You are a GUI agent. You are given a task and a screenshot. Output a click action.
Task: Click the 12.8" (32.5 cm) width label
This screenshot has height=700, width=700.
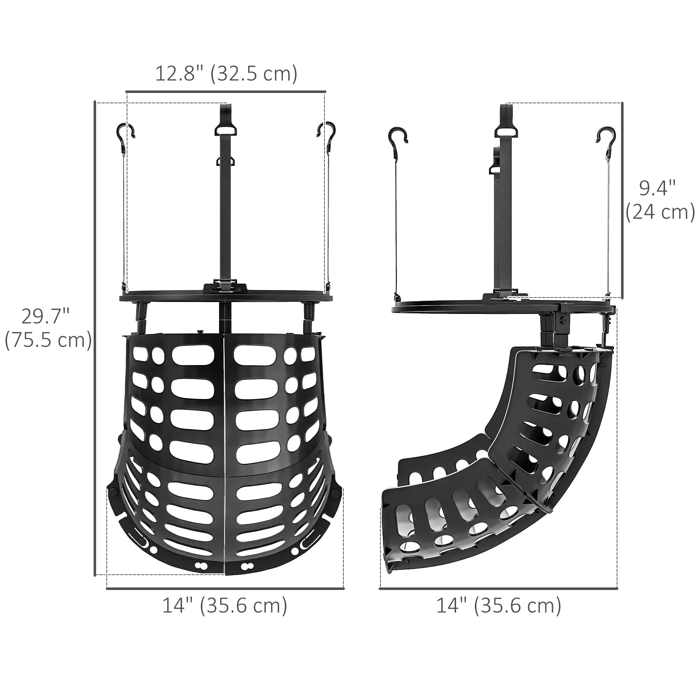pyautogui.click(x=226, y=73)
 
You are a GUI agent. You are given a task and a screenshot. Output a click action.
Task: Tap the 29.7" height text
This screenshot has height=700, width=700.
pyautogui.click(x=45, y=316)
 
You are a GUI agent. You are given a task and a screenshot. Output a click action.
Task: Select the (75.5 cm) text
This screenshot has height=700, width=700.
pyautogui.click(x=48, y=340)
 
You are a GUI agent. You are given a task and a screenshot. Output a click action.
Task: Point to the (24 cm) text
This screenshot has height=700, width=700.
pyautogui.click(x=660, y=212)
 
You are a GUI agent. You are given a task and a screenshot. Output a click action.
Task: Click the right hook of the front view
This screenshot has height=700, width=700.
pyautogui.click(x=326, y=131)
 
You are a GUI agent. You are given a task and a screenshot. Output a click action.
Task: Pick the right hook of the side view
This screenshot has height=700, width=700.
pyautogui.click(x=607, y=135)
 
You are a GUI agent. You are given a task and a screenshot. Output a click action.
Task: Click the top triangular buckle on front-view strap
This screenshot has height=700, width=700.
pyautogui.click(x=225, y=129)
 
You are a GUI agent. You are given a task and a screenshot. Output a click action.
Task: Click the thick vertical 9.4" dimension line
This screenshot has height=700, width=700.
pyautogui.click(x=622, y=200)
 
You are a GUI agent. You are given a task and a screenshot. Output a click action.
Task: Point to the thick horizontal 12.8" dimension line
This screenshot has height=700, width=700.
pyautogui.click(x=226, y=91)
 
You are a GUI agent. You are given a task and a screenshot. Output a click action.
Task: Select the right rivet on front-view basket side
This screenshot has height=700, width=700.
pyautogui.click(x=336, y=492)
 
